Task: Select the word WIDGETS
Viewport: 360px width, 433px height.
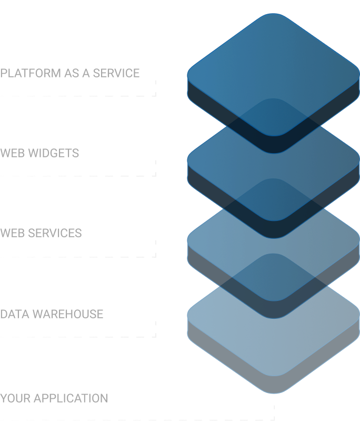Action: pos(54,153)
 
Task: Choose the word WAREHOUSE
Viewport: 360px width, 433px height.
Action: pos(68,314)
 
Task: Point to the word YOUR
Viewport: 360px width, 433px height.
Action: pos(15,398)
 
